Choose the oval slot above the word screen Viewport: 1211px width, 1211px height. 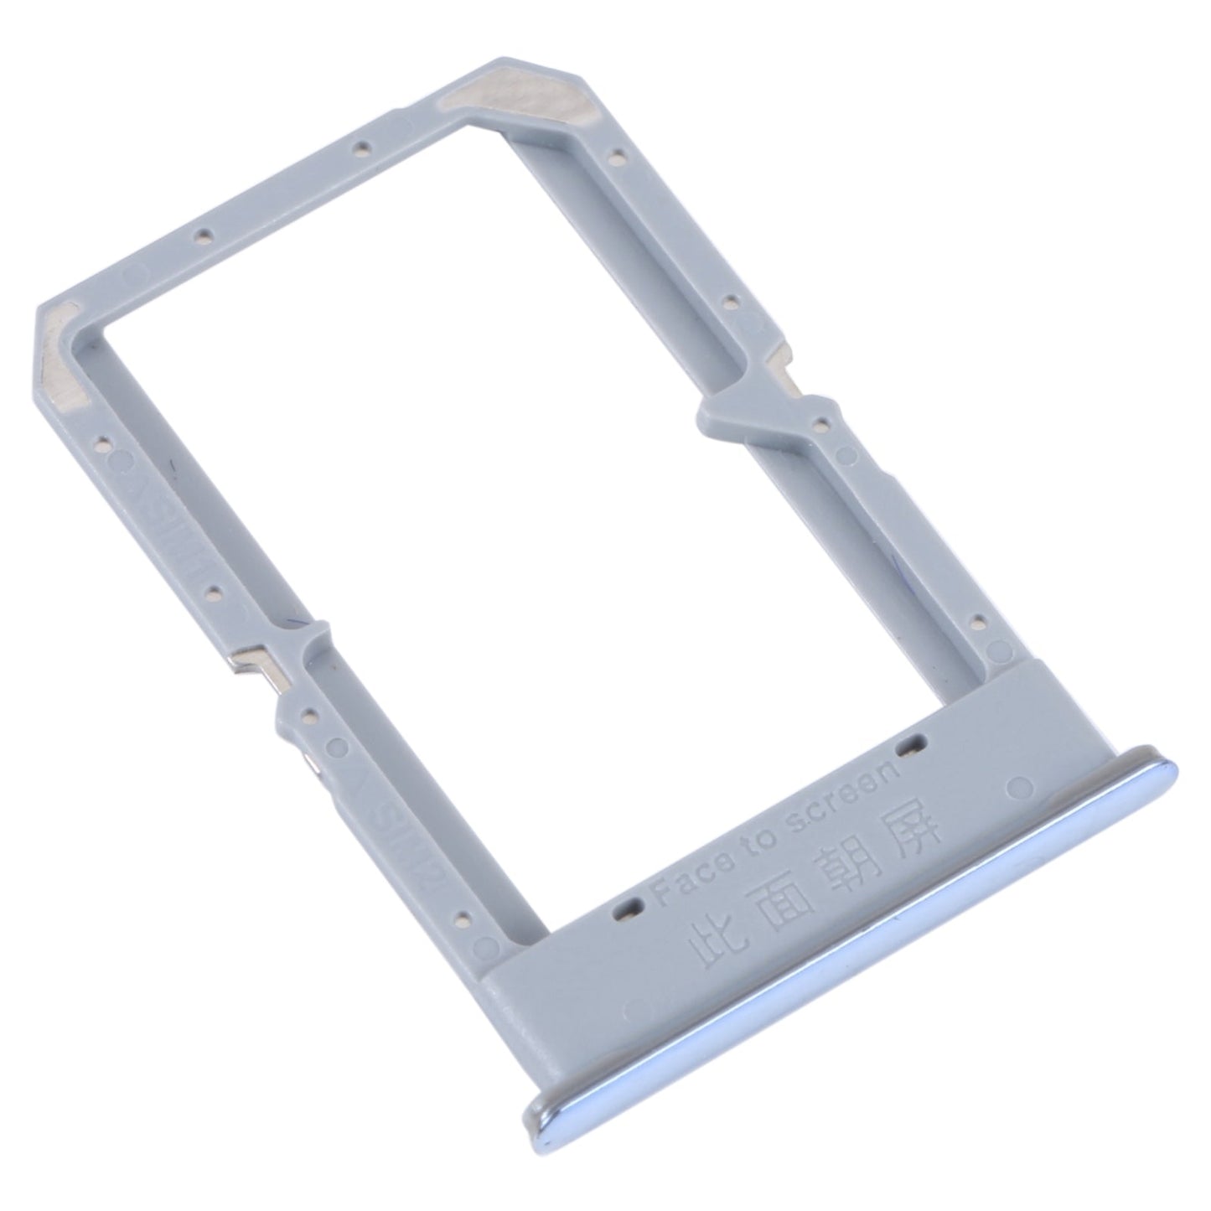[911, 741]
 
